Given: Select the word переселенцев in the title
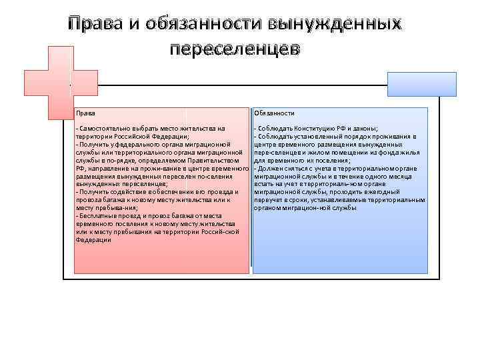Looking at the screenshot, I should click(235, 49).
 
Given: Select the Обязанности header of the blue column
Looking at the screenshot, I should click(274, 113).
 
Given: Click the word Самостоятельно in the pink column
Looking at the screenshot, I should click(103, 128).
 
